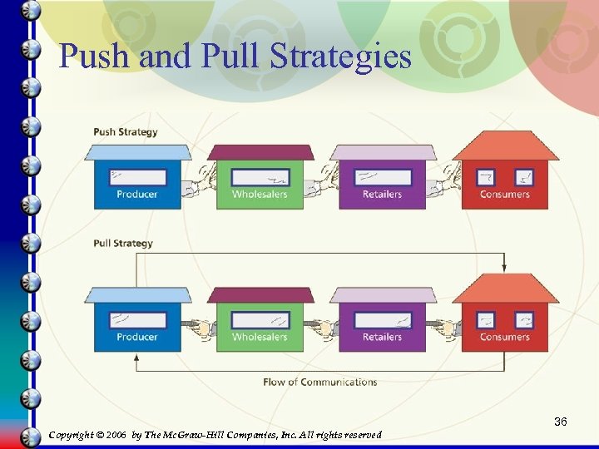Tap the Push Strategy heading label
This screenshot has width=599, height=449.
125,131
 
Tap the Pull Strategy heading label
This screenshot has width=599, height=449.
123,244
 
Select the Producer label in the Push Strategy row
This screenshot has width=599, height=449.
137,195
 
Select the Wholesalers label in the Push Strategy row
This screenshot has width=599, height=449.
260,195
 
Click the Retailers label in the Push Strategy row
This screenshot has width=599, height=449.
382,195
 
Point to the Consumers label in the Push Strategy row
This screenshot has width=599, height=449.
504,195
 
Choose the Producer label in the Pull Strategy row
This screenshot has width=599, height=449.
137,337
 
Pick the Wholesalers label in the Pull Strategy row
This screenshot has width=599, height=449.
260,337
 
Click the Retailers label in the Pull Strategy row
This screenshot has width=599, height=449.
382,337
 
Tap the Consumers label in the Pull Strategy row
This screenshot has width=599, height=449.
504,337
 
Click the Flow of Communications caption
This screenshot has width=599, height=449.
319,382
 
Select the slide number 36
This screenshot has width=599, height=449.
561,422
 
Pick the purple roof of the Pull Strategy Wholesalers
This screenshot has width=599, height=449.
260,295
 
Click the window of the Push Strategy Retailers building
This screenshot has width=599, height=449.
382,177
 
